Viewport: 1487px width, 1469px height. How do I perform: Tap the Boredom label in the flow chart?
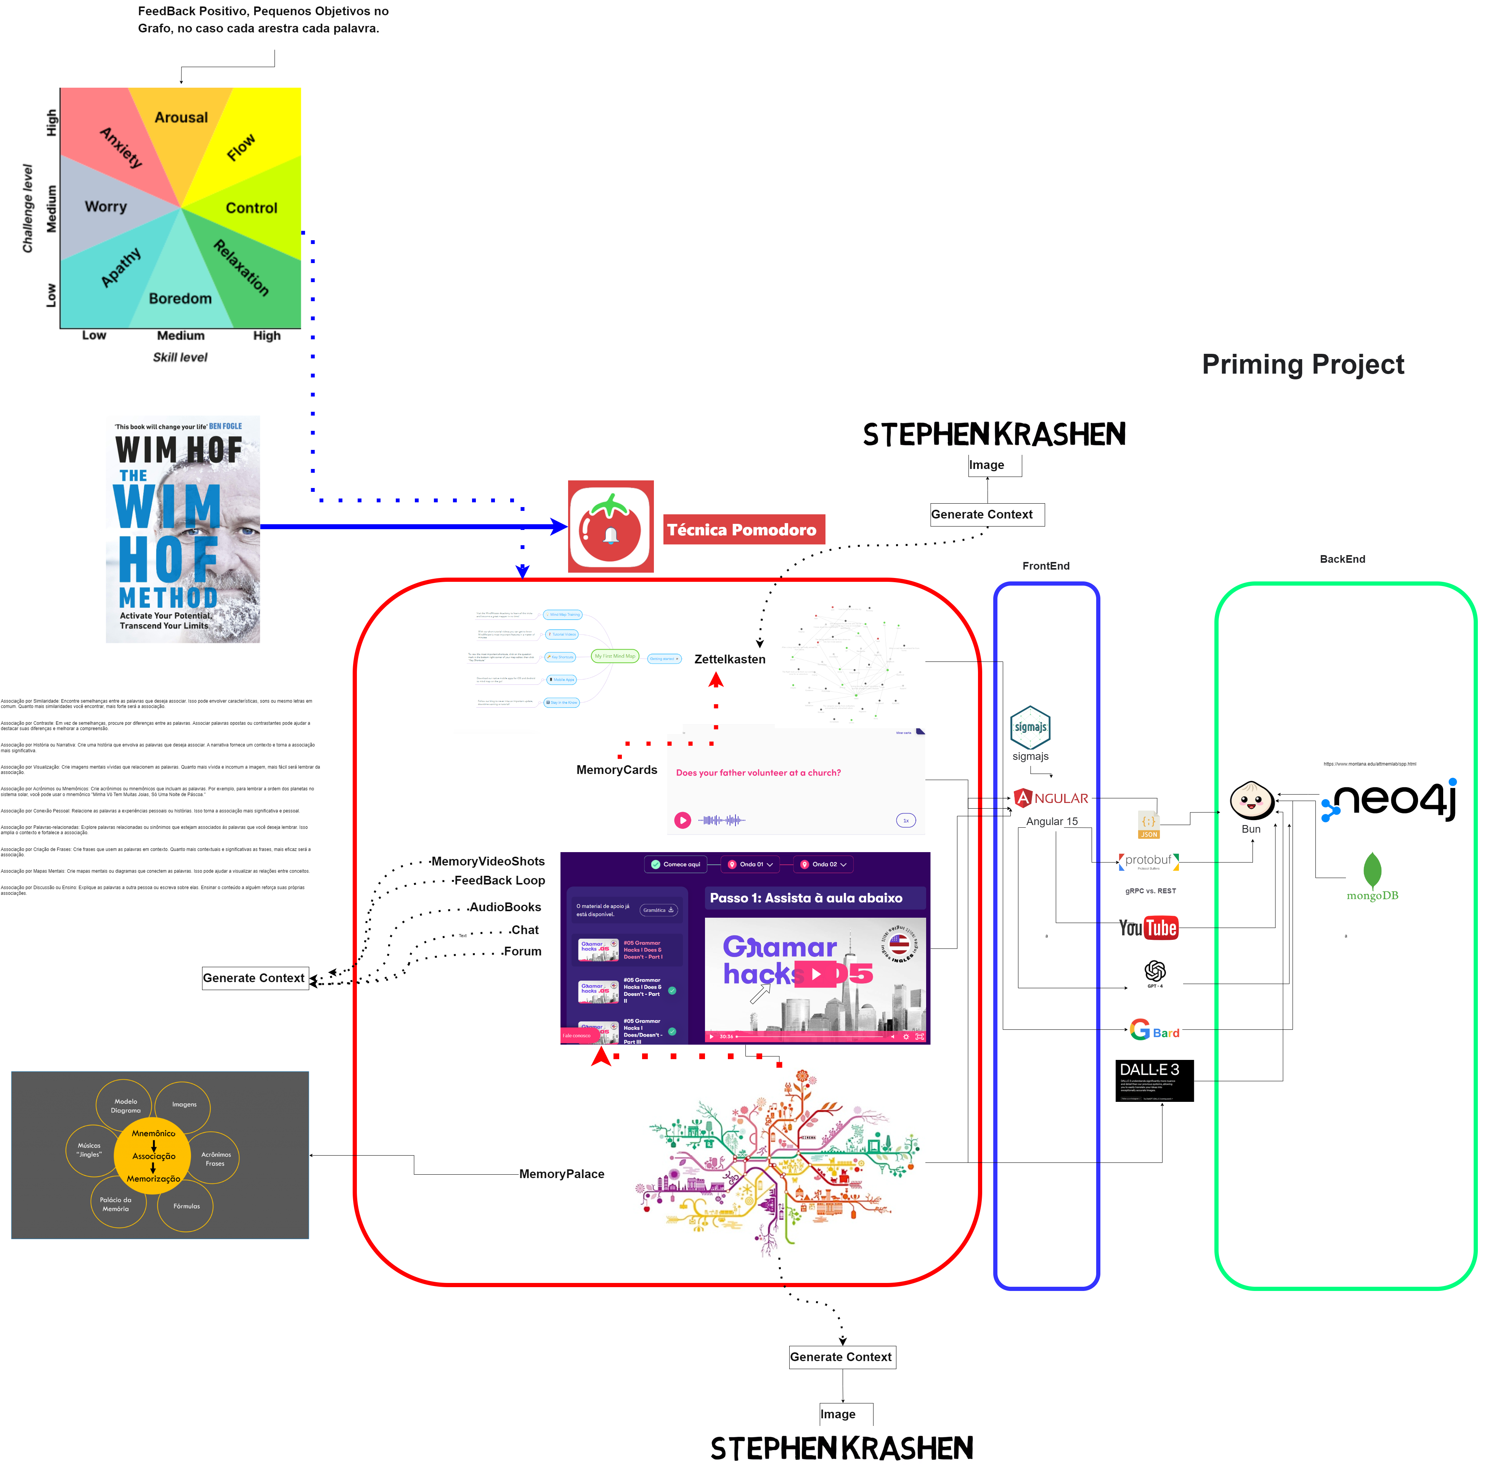pos(180,299)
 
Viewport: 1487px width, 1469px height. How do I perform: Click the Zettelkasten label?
pos(730,660)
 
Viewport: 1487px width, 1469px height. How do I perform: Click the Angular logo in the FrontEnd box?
pos(1051,799)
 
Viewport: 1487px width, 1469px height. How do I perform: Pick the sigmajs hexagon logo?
pos(1030,727)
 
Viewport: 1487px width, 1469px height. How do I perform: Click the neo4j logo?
pos(1389,800)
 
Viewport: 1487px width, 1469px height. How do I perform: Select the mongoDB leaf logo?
pos(1371,872)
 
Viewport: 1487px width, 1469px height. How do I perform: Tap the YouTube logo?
pos(1148,928)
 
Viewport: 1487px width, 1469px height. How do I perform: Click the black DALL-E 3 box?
pos(1154,1080)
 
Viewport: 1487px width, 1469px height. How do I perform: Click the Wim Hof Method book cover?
pos(182,530)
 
